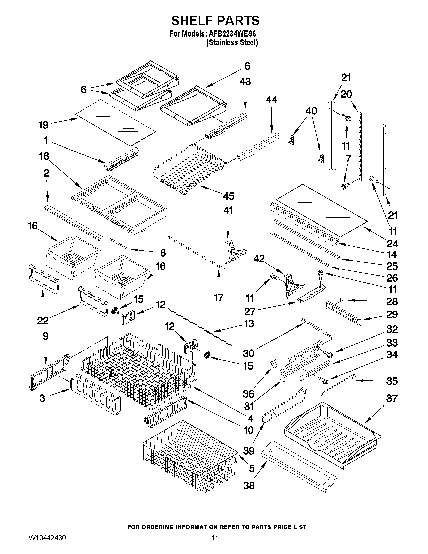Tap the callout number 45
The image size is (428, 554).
click(x=229, y=196)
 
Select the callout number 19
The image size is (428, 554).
click(x=43, y=125)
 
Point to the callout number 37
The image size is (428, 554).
click(x=392, y=398)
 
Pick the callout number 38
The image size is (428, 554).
click(x=249, y=486)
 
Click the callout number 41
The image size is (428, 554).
click(x=228, y=210)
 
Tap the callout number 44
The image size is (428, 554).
click(x=271, y=100)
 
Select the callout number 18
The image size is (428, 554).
click(x=44, y=156)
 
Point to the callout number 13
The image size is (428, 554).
click(x=249, y=323)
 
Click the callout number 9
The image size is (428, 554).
click(x=45, y=336)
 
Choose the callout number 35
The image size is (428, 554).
click(x=392, y=381)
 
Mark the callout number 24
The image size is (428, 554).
click(x=392, y=244)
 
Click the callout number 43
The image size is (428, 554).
click(x=245, y=81)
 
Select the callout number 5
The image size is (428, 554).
click(x=251, y=468)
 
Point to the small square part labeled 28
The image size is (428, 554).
click(x=342, y=301)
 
